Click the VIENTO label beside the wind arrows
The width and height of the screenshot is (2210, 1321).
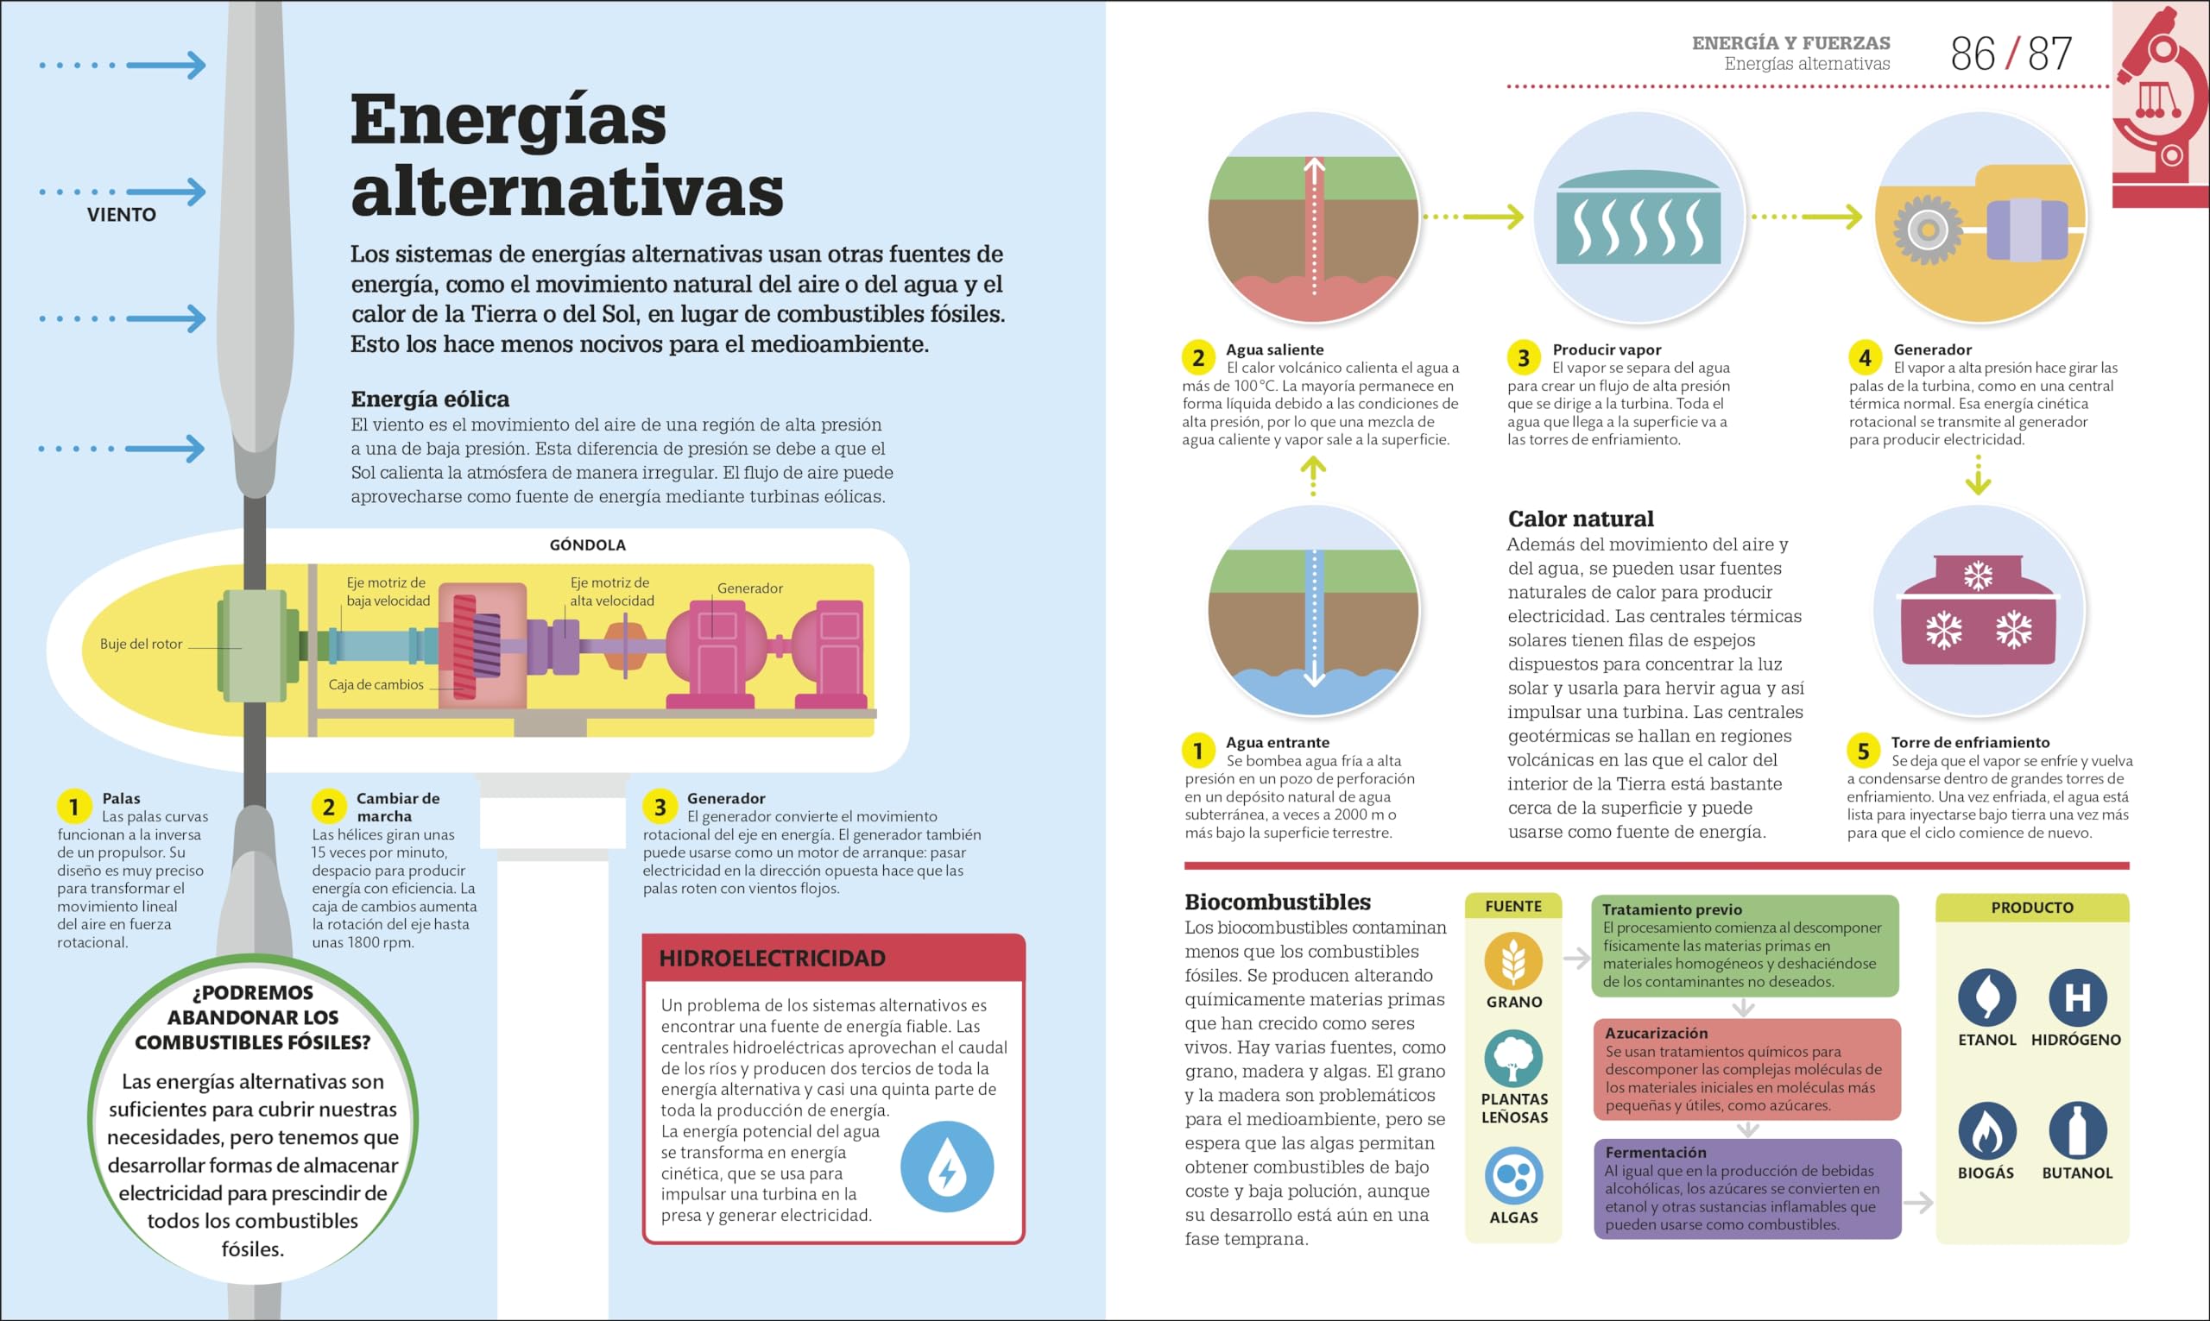coord(121,215)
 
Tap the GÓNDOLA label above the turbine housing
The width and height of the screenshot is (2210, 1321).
coord(587,544)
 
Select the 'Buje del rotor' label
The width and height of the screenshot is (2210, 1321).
coord(141,644)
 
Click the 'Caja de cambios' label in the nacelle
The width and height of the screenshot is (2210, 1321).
coord(376,684)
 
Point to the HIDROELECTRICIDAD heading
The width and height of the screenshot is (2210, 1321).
coord(772,958)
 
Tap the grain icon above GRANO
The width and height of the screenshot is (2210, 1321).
coord(1512,960)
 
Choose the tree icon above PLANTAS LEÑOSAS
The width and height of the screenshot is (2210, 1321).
coord(1512,1059)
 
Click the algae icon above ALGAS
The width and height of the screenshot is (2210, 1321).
coord(1512,1176)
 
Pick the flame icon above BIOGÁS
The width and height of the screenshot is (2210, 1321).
coord(1986,1130)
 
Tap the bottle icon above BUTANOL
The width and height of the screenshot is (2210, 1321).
coord(2077,1130)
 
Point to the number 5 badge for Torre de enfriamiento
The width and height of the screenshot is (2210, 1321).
coord(1863,752)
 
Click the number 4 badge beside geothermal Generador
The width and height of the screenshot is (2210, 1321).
coord(1865,358)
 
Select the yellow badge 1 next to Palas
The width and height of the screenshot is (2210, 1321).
coord(74,807)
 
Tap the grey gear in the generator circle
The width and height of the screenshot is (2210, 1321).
coord(1928,230)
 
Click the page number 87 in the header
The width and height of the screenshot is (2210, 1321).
coord(2049,54)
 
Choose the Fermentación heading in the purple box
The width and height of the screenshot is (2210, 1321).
coord(1655,1152)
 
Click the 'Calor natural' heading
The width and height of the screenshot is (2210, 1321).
coord(1581,519)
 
